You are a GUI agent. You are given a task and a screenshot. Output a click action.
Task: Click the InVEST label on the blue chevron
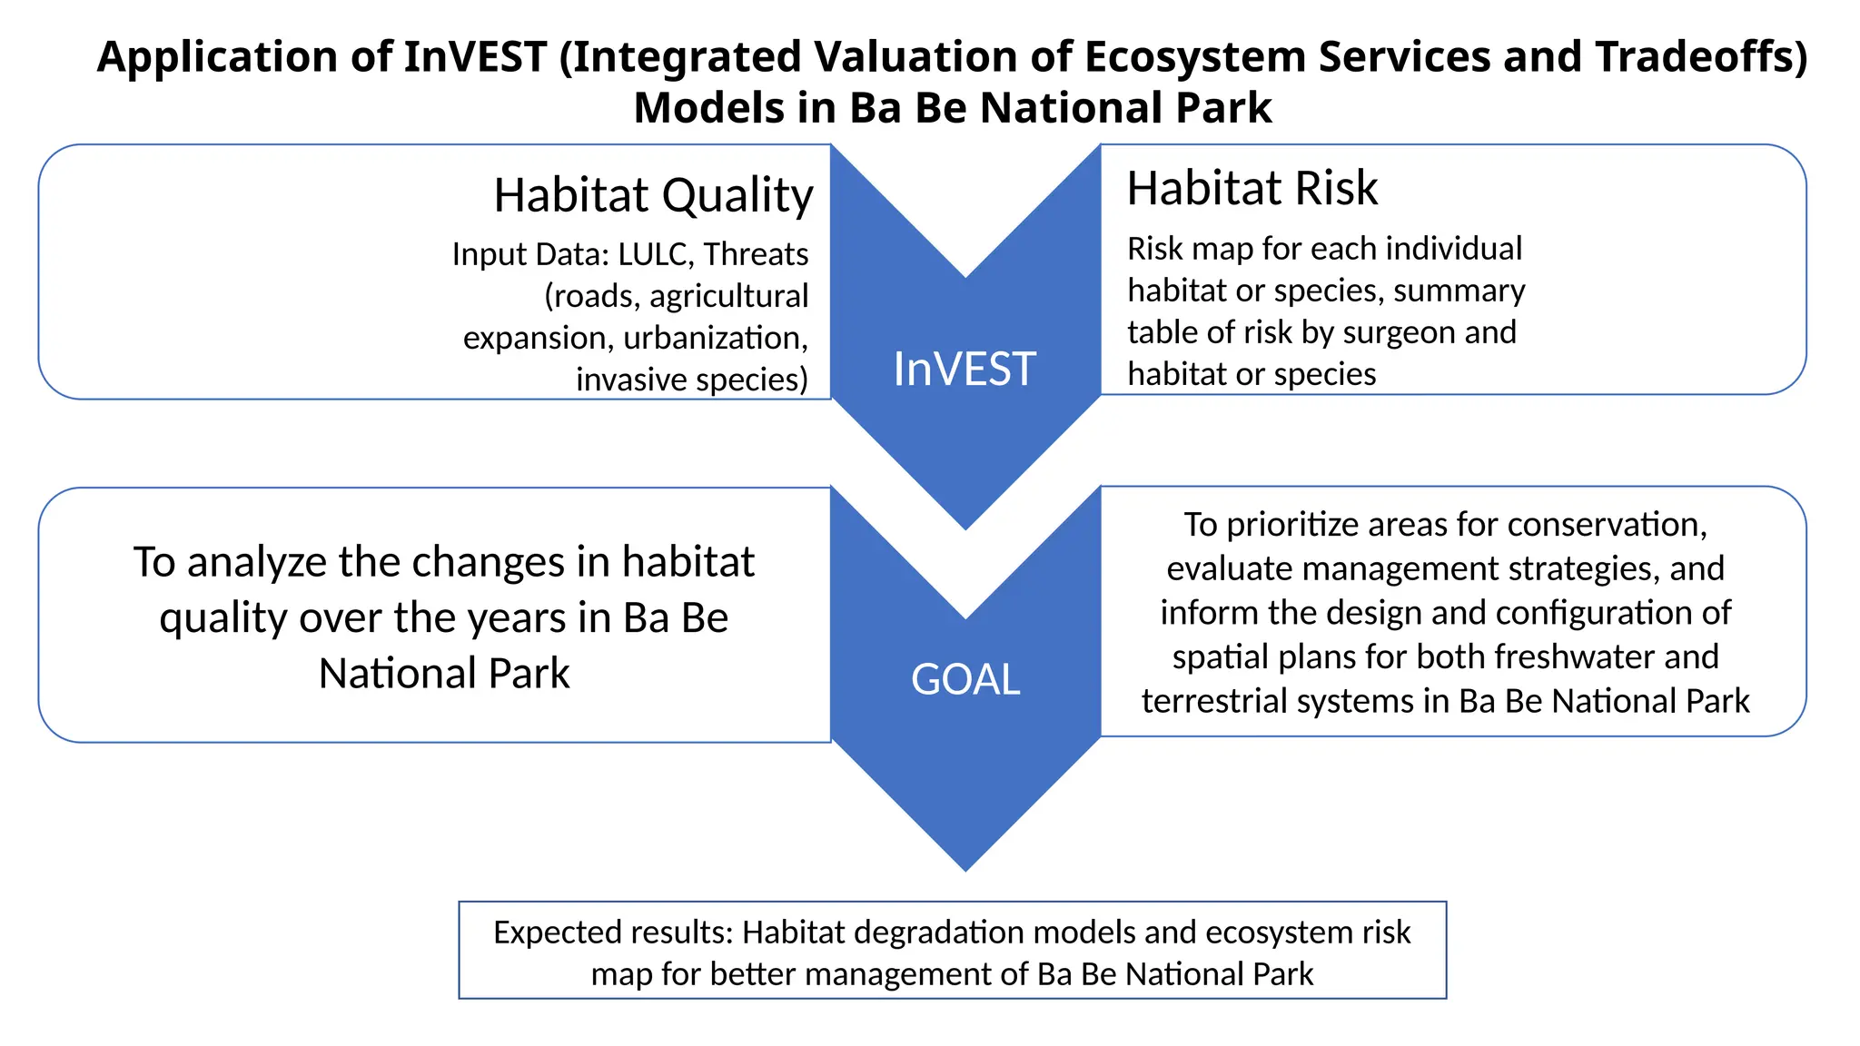point(965,369)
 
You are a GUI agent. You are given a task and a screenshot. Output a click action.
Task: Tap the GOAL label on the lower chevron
point(965,679)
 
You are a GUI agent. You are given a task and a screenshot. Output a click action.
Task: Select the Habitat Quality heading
point(653,195)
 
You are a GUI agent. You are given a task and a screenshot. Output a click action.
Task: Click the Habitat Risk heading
point(1252,189)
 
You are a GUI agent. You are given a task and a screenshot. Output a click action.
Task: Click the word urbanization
point(716,338)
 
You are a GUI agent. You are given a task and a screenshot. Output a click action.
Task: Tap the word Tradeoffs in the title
point(1701,56)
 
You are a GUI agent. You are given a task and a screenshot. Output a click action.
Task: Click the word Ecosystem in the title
point(1194,56)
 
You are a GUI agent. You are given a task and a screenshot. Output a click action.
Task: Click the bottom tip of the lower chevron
point(965,867)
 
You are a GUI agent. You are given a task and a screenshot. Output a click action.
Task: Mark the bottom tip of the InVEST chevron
point(965,526)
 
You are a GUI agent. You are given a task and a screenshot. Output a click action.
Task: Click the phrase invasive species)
point(691,380)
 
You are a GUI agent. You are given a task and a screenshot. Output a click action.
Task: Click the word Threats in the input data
point(756,254)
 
